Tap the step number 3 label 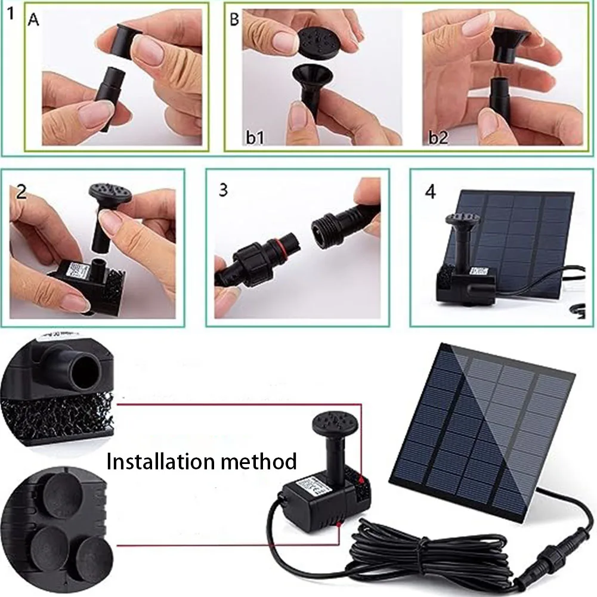(223, 191)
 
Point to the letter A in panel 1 (33, 21)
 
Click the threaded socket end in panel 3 (325, 231)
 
